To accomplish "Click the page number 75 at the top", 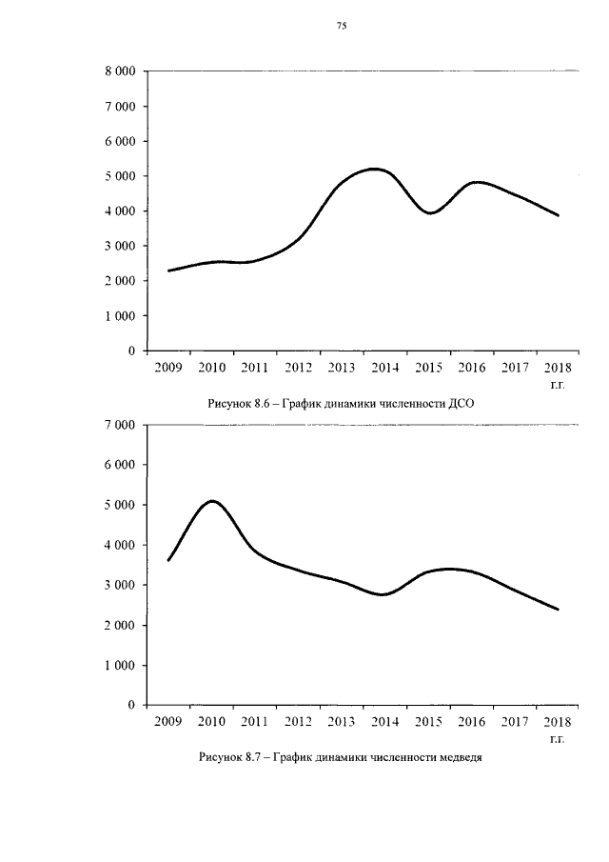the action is click(x=342, y=26).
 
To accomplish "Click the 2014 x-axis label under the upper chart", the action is click(x=385, y=368).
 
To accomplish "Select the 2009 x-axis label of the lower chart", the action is click(x=168, y=721).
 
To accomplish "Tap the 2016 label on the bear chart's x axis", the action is click(x=472, y=721).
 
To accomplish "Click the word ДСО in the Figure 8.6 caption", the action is click(x=461, y=405).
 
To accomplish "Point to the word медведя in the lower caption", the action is click(x=461, y=758).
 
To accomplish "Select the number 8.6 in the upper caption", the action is click(x=262, y=405).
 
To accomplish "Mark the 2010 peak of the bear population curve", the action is click(x=212, y=501).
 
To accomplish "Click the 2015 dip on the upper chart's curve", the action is click(x=430, y=213).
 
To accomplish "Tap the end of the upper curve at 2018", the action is click(x=558, y=215).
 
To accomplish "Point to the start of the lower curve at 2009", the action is click(x=168, y=560).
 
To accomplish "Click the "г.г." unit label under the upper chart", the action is click(x=557, y=386).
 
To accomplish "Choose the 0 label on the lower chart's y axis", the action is click(x=131, y=705).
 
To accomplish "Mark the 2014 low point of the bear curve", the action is click(x=383, y=594).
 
